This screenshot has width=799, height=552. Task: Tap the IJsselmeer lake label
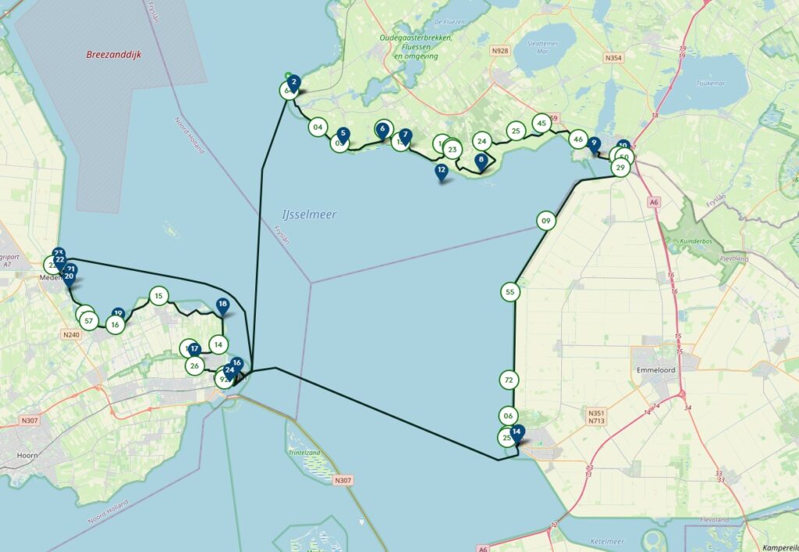point(310,214)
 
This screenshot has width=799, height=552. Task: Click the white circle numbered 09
point(546,221)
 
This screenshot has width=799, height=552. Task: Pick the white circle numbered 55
point(510,292)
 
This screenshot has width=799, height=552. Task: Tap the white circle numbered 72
point(509,380)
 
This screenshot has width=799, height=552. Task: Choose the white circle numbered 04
point(317,126)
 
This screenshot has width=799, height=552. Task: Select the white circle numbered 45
point(542,123)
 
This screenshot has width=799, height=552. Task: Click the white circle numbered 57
point(89,320)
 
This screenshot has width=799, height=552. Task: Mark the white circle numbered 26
point(195,365)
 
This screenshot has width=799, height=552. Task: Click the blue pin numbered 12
point(442,171)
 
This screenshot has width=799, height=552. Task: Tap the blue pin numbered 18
point(222,305)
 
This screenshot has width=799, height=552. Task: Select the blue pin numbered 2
point(293,82)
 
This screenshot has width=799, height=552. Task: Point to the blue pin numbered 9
point(595,144)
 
